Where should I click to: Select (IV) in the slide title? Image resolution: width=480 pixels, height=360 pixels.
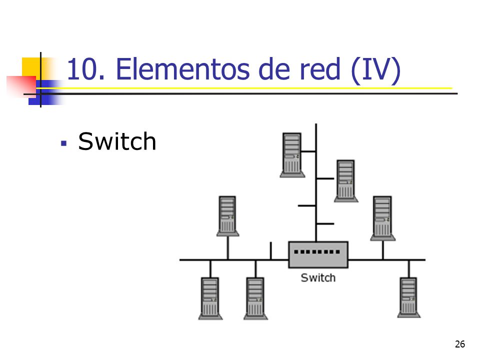pyautogui.click(x=375, y=70)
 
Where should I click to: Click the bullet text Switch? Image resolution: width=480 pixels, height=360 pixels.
pyautogui.click(x=117, y=141)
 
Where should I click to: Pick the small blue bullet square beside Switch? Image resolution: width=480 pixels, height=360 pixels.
pyautogui.click(x=63, y=143)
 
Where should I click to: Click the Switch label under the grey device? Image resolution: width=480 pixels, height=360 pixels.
pyautogui.click(x=318, y=277)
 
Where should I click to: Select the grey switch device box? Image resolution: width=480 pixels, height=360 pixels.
pyautogui.click(x=318, y=254)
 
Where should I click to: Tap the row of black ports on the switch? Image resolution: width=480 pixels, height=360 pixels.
pyautogui.click(x=317, y=252)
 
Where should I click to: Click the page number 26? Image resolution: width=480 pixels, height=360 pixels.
pyautogui.click(x=460, y=344)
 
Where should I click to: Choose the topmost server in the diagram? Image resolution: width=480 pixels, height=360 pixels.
pyautogui.click(x=292, y=155)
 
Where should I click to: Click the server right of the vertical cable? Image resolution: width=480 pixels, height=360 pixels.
pyautogui.click(x=346, y=181)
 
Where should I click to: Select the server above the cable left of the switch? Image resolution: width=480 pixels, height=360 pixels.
pyautogui.click(x=228, y=216)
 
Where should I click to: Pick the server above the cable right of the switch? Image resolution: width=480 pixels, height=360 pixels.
pyautogui.click(x=382, y=218)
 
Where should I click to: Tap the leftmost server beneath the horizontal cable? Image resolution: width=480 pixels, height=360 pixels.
pyautogui.click(x=210, y=298)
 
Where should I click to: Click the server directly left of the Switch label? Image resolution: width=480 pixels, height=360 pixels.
pyautogui.click(x=255, y=298)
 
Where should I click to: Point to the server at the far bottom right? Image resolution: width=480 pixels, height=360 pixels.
pyautogui.click(x=409, y=297)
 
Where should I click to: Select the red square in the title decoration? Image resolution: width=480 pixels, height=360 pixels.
pyautogui.click(x=21, y=86)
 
